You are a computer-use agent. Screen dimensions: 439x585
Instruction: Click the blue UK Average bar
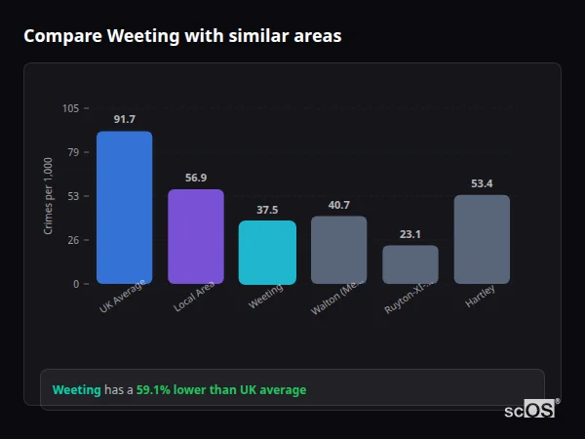pyautogui.click(x=124, y=207)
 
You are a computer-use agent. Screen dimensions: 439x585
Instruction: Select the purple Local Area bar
pyautogui.click(x=196, y=236)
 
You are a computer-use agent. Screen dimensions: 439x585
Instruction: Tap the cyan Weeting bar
pyautogui.click(x=267, y=252)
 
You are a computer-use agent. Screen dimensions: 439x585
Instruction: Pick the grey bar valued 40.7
pyautogui.click(x=338, y=250)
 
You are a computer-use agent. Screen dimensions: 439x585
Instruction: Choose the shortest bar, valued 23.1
pyautogui.click(x=410, y=264)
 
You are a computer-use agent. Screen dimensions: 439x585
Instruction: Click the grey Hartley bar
pyautogui.click(x=482, y=239)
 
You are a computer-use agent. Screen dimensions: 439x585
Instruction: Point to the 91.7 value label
pyautogui.click(x=124, y=119)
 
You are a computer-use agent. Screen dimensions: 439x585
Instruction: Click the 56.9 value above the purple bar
pyautogui.click(x=196, y=178)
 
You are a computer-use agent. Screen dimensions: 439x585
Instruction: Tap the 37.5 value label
pyautogui.click(x=267, y=210)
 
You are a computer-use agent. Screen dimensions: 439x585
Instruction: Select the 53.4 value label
pyautogui.click(x=482, y=183)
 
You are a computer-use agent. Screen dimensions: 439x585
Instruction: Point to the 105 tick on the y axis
pyautogui.click(x=70, y=108)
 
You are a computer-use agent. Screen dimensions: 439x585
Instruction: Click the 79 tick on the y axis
pyautogui.click(x=73, y=152)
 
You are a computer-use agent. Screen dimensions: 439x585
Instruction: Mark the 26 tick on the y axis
pyautogui.click(x=73, y=240)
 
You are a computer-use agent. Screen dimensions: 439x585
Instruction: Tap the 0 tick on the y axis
pyautogui.click(x=76, y=284)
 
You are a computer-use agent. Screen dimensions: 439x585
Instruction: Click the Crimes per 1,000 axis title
pyautogui.click(x=49, y=196)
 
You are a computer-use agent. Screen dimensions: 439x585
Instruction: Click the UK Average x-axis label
pyautogui.click(x=123, y=297)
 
